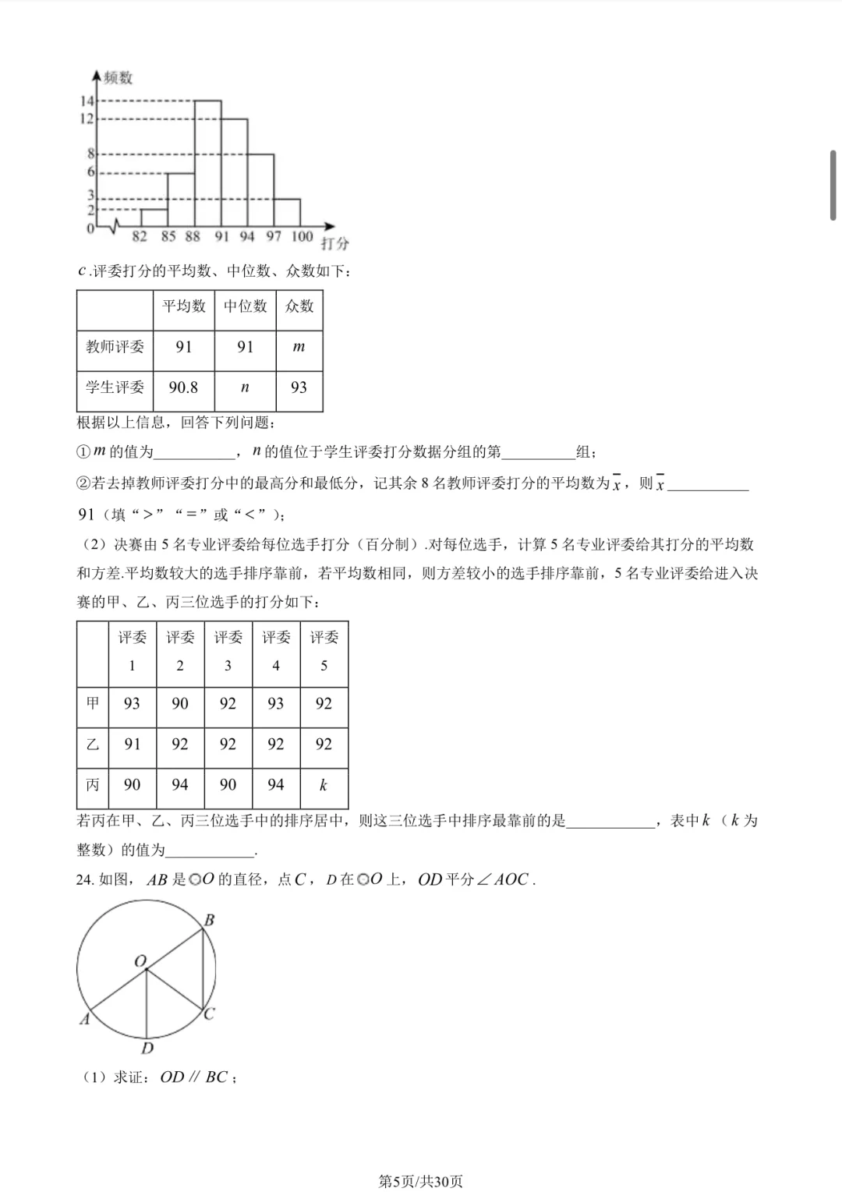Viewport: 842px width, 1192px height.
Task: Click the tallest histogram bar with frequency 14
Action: (x=207, y=164)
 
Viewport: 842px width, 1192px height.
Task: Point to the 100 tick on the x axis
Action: (x=302, y=236)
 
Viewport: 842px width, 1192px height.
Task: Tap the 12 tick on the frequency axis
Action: (x=86, y=118)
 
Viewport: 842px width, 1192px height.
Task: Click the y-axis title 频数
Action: (x=119, y=77)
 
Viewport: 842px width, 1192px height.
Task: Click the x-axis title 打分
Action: (x=334, y=243)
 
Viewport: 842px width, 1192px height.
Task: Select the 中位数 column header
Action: (x=245, y=306)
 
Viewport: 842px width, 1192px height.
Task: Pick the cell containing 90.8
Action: (x=183, y=387)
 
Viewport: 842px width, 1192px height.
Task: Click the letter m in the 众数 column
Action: (x=299, y=347)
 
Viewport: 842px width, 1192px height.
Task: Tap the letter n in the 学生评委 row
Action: (x=245, y=387)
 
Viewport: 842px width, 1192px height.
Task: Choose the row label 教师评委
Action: (x=115, y=347)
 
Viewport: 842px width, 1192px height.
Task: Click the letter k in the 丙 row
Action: (x=324, y=785)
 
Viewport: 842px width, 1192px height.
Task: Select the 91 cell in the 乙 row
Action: (x=133, y=744)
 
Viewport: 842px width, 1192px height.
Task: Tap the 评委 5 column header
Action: (x=324, y=651)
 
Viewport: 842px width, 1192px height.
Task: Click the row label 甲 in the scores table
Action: (x=93, y=703)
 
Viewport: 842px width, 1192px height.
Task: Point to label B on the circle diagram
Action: (x=209, y=920)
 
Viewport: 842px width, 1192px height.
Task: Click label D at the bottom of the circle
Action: (x=147, y=1049)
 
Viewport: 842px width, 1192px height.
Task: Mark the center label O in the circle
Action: (x=140, y=961)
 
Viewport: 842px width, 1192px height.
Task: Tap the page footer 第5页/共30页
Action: (x=420, y=1181)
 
